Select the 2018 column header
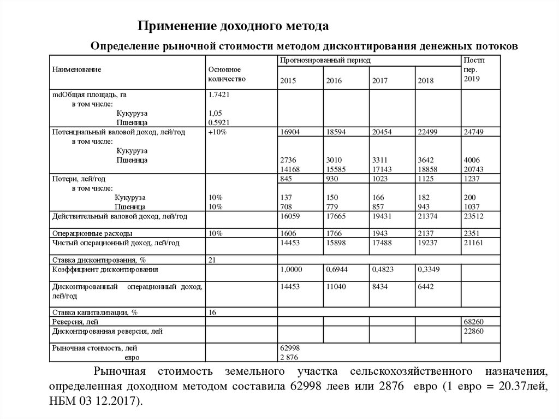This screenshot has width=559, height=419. point(426,81)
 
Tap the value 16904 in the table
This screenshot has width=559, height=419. point(289,132)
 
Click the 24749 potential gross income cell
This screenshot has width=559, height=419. point(473,132)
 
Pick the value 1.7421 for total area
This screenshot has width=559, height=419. point(218,94)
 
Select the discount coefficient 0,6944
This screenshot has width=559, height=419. point(336,269)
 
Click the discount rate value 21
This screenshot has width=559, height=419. point(212,259)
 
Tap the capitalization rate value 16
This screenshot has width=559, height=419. point(212,312)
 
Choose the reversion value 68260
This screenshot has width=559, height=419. point(473,322)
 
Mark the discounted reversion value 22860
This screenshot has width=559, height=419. point(473,331)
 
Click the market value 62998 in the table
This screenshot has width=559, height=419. point(289,348)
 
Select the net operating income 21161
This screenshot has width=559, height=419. point(473,242)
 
